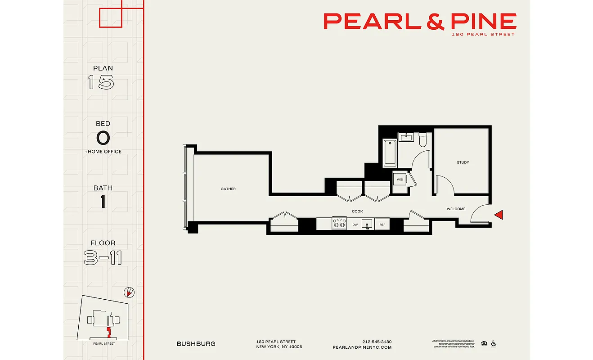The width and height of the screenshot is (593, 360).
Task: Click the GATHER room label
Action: pos(228,189)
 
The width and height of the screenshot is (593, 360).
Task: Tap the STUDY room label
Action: pos(463,162)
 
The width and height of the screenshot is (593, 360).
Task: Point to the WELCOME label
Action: pos(456,209)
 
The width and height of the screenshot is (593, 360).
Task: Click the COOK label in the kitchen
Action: pos(357,211)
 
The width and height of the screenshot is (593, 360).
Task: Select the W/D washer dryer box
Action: pos(400,180)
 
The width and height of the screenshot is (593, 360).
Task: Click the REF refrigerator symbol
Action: pos(382,224)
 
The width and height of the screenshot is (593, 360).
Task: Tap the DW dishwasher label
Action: pos(355,224)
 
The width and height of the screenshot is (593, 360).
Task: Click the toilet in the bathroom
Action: pos(422,140)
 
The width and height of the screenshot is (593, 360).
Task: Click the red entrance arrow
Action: pos(499,215)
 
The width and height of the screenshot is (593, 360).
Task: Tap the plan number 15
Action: pos(101,82)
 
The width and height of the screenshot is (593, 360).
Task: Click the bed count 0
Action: pos(103,138)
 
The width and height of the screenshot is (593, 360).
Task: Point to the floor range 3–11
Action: pos(103,258)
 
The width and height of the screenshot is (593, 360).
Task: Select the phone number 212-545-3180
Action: pos(377,342)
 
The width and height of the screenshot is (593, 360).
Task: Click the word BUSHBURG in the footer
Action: pos(196,344)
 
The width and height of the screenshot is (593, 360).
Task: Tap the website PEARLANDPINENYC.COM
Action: pos(362,347)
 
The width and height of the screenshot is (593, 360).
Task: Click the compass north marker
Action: pos(129,292)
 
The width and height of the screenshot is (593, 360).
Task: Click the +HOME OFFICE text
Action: pos(103,152)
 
